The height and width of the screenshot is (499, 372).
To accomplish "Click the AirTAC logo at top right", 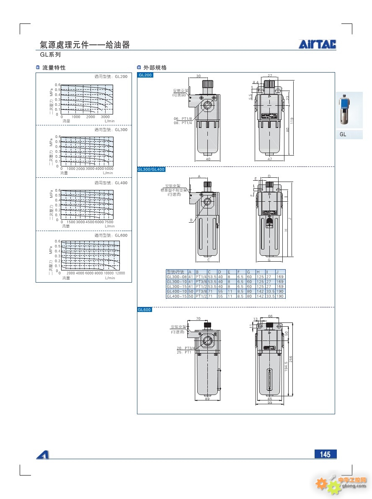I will (317, 44).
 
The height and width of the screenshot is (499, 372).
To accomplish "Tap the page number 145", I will (325, 454).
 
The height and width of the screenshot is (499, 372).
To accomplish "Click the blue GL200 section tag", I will (145, 75).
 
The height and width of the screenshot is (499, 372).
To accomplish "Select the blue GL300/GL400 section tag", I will (151, 169).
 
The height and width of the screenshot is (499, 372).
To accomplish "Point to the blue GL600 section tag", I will (145, 310).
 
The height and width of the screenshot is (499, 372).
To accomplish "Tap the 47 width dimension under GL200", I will (270, 159).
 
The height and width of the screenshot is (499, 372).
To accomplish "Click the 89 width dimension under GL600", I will (207, 399).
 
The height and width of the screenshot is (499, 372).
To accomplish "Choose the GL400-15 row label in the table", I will (176, 296).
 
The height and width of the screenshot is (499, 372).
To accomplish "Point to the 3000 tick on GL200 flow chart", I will (105, 117).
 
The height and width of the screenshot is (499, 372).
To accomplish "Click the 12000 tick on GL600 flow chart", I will (120, 273).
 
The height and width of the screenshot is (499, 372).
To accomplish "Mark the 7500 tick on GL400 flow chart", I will (109, 222).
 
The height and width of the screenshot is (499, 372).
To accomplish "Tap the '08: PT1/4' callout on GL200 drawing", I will (183, 123).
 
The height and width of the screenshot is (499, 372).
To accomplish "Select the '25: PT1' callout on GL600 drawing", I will (184, 352).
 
